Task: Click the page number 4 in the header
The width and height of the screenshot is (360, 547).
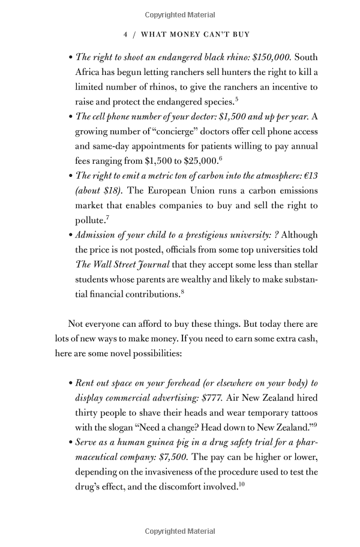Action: pos(125,35)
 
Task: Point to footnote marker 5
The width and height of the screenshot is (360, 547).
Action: pos(237,99)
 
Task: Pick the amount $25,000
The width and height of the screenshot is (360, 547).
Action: pos(202,161)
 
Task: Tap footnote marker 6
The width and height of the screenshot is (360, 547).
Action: pos(221,158)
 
